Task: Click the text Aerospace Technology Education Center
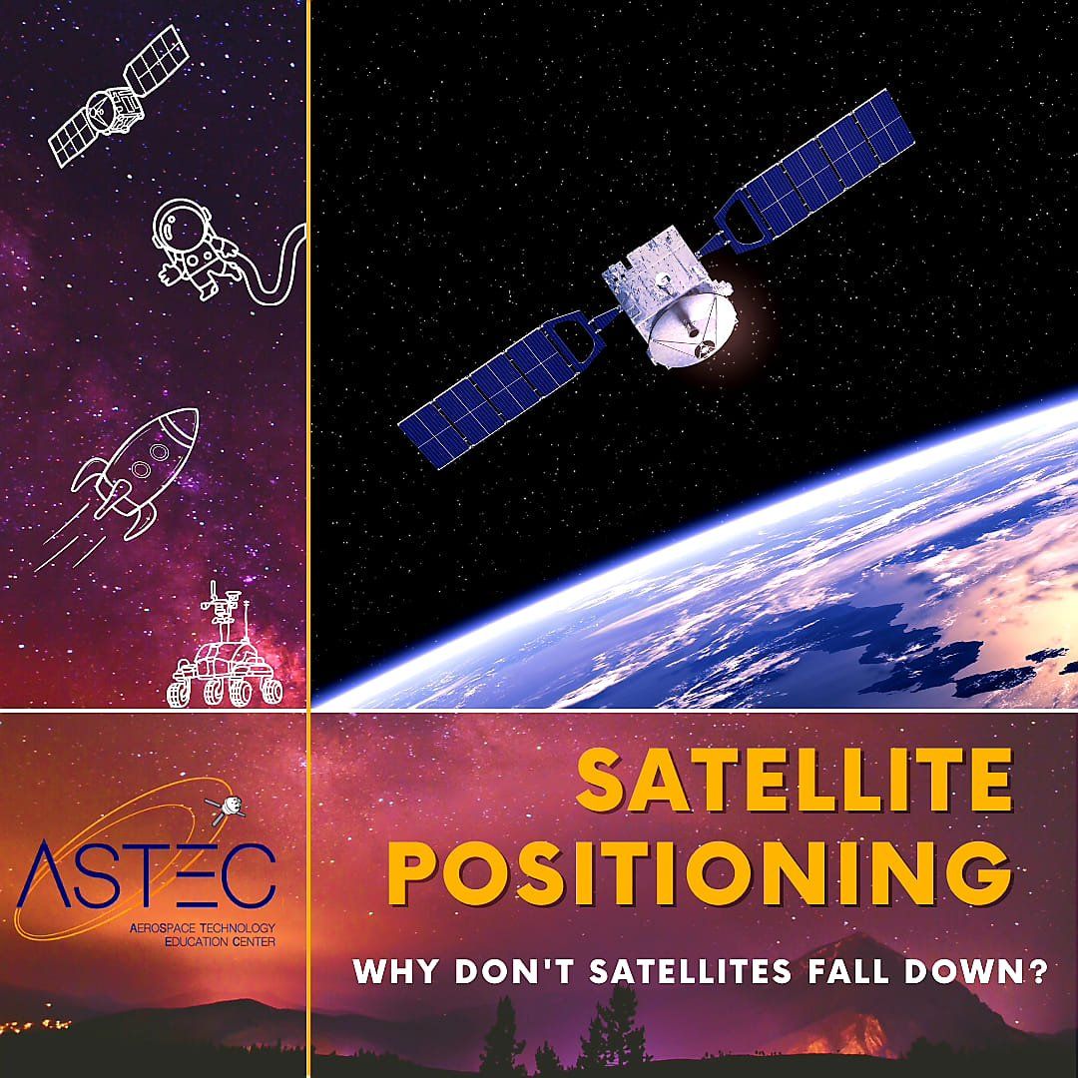point(202,933)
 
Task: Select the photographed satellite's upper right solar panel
point(828,170)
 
